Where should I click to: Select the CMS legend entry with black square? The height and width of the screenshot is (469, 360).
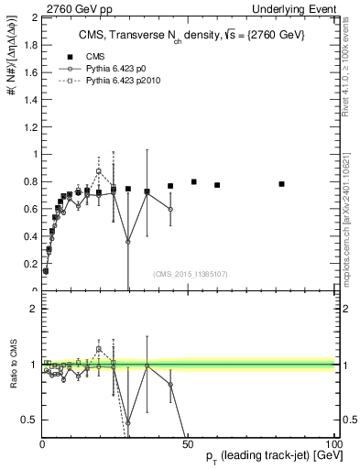click(82, 56)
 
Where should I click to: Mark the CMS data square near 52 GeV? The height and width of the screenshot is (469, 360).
click(194, 181)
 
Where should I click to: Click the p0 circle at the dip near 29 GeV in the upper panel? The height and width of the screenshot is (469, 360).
click(127, 242)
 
